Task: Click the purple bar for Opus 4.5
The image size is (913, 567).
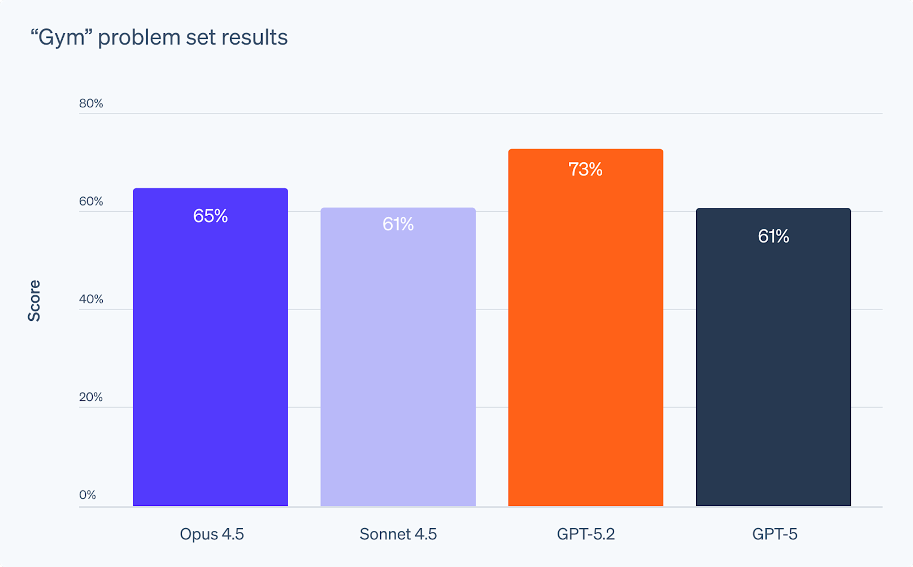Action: point(210,361)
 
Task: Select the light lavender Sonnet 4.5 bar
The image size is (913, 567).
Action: point(398,367)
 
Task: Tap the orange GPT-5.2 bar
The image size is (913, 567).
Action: point(585,339)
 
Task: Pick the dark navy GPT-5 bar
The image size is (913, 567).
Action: point(773,367)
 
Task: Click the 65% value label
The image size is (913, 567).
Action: point(210,216)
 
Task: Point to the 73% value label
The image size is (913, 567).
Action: point(585,169)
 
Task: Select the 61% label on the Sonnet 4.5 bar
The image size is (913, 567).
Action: point(398,224)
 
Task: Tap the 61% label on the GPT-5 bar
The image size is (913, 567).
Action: point(773,236)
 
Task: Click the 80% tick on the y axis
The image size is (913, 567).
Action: point(91,103)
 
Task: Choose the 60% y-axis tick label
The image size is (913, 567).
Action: point(91,202)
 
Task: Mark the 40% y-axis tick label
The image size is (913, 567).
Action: point(91,299)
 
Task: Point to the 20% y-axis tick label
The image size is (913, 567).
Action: point(91,397)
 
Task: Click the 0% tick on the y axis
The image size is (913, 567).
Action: point(88,495)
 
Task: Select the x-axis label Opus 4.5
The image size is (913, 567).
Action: point(212,534)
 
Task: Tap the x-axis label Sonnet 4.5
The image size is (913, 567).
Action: point(398,534)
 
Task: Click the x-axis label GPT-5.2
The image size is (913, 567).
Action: point(585,534)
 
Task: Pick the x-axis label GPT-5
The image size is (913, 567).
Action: point(775,534)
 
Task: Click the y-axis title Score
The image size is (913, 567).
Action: point(34,300)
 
